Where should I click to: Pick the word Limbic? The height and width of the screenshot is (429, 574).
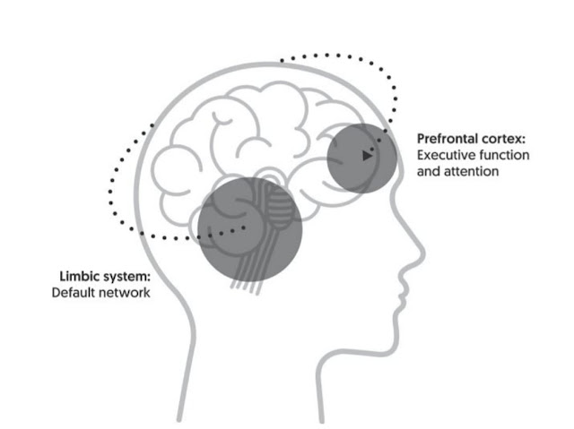tap(80, 276)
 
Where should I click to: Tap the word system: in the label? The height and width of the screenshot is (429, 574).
tap(126, 277)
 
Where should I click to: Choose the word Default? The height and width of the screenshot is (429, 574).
tap(74, 292)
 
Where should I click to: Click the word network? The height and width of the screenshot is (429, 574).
tap(125, 292)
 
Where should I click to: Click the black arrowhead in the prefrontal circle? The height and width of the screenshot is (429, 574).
tap(367, 156)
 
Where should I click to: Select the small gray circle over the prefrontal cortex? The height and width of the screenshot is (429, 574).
tap(361, 159)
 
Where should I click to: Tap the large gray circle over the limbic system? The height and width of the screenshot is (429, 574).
tap(250, 229)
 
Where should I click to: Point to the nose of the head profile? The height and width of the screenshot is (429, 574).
tap(421, 252)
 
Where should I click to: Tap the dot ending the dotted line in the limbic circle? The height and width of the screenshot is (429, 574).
tap(244, 227)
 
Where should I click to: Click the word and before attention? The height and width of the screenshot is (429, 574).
tap(429, 171)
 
